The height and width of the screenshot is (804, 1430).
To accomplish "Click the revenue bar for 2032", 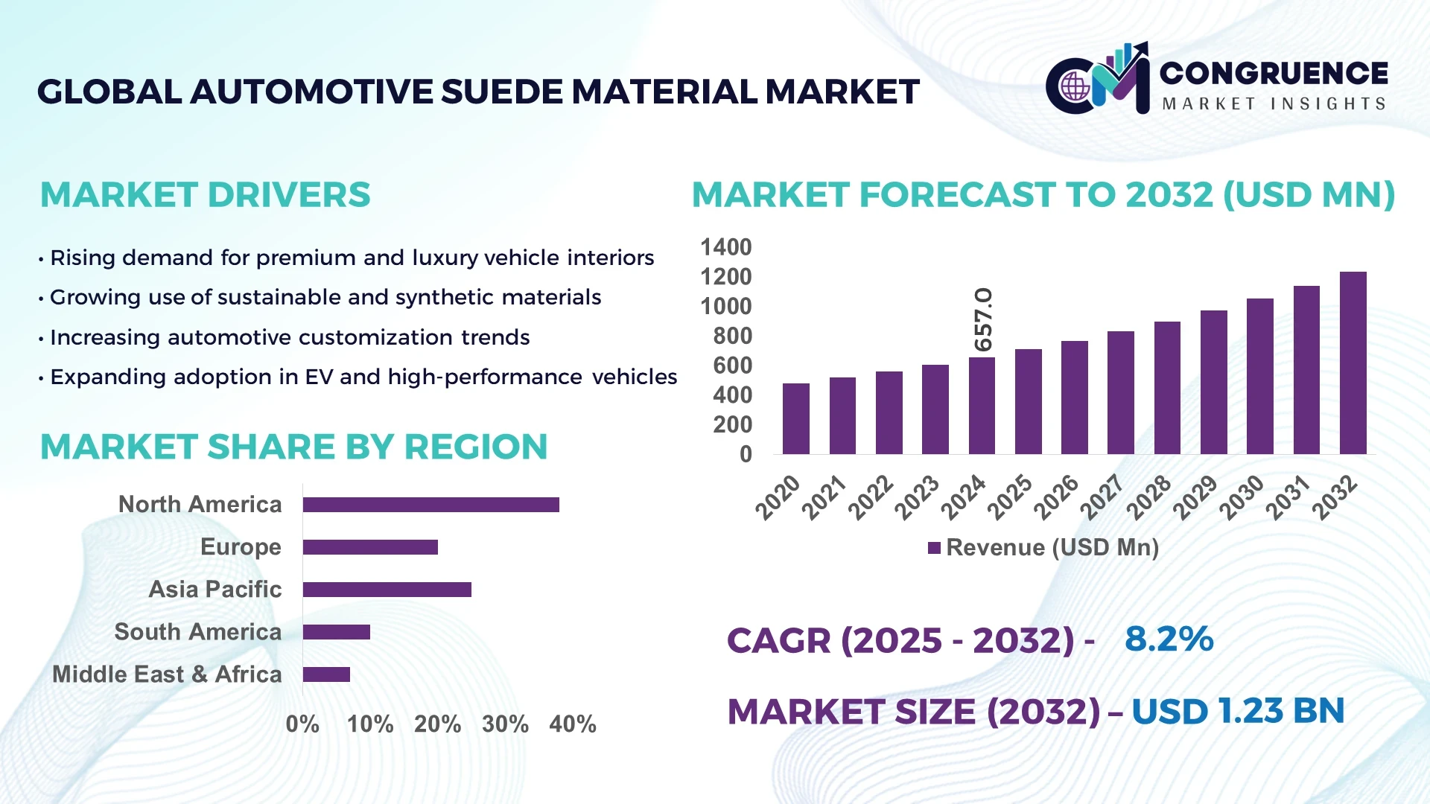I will coord(1353,363).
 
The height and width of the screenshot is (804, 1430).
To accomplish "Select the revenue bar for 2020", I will coord(795,418).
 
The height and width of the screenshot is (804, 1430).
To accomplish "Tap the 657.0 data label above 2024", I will coord(983,319).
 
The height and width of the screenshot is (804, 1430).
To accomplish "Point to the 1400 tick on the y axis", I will coord(725,247).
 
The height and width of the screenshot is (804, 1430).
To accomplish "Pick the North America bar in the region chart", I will coord(430,505).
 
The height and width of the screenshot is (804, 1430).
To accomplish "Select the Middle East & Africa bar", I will coord(326,674).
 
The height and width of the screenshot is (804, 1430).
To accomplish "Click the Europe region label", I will coord(241,547).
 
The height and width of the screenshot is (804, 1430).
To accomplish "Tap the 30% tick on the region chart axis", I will coord(505,724).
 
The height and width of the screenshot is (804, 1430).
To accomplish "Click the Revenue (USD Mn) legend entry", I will coord(1043,548).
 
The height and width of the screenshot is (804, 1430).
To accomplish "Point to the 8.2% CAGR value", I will coord(1169,639).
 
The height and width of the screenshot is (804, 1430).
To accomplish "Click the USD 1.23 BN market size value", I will coord(1237,711).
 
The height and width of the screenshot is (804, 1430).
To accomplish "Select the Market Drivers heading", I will coord(205,195).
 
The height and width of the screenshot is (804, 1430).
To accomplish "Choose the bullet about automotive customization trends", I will coord(289,337).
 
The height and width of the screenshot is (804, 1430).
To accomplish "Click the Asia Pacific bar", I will coord(387,590).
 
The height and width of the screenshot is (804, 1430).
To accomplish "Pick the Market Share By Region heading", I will coord(293,447).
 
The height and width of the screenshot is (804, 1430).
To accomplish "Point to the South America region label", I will coord(197,632).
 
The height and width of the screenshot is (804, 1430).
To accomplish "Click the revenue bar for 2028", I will coord(1166,388).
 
